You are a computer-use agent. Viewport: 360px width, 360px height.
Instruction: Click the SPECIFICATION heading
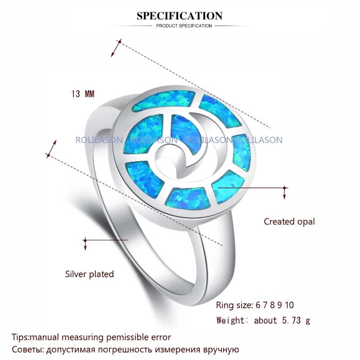(180, 16)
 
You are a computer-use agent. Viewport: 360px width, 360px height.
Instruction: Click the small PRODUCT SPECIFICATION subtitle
(184, 26)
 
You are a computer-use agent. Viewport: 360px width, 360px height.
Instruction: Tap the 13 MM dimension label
(82, 94)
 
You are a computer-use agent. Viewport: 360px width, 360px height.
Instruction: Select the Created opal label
(289, 221)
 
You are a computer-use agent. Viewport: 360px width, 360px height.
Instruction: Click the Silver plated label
(90, 274)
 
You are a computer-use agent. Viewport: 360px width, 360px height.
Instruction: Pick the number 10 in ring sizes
(289, 305)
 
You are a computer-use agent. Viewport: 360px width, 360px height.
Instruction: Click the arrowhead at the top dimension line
(120, 41)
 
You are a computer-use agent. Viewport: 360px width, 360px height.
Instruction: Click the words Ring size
(234, 305)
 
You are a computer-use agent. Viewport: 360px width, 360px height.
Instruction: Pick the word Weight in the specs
(231, 320)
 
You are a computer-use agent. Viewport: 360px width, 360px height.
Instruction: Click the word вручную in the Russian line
(220, 349)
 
